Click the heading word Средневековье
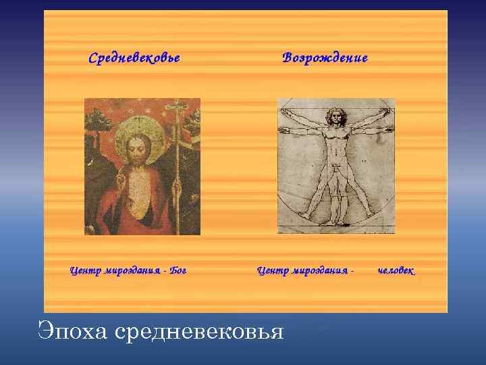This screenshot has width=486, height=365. coord(134,57)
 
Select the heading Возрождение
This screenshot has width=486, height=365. coord(325,57)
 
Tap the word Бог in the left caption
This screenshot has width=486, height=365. coord(178,271)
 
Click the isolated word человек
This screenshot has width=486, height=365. coord(396,271)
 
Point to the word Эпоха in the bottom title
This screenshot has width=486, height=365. coord(73,332)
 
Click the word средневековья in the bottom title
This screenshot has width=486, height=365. coord(199,332)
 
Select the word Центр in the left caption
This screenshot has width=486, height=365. coord(84,271)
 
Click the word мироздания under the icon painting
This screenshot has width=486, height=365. coord(133,271)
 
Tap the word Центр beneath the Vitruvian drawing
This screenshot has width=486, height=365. coord(272,271)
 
